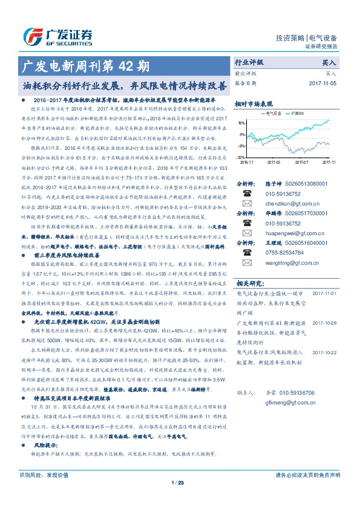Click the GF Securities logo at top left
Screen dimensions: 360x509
click(x=57, y=36)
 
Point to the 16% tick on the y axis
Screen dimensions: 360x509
click(x=241, y=122)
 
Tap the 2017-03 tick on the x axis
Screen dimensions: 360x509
click(x=275, y=162)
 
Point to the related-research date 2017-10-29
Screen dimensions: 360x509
click(x=324, y=323)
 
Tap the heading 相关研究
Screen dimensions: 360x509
click(x=249, y=282)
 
